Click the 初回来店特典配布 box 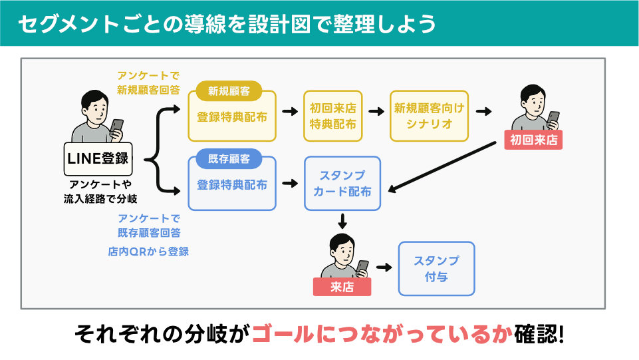[333, 116]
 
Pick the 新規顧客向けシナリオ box [429, 116]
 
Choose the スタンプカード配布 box [342, 184]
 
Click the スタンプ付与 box [436, 268]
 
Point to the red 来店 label [342, 287]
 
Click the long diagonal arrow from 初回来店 [442, 166]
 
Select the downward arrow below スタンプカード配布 [342, 221]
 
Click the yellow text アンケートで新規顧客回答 [148, 83]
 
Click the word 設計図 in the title [288, 24]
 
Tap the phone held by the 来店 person [362, 266]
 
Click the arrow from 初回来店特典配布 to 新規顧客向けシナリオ [376, 111]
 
